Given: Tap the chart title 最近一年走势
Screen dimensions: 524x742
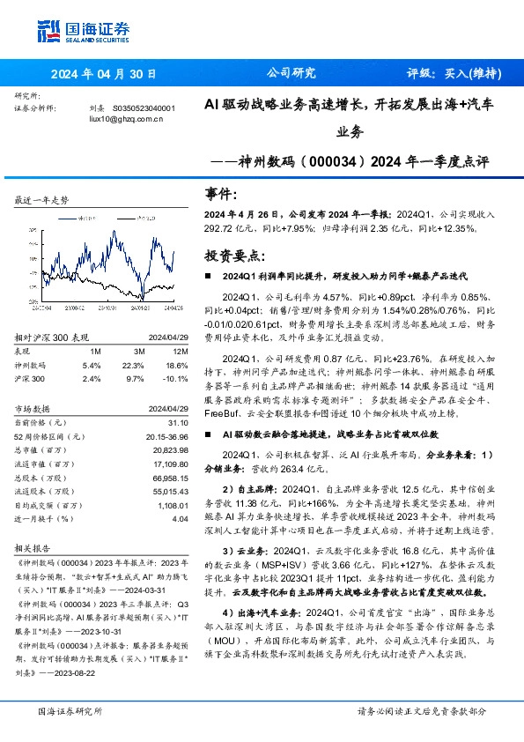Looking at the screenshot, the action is [x=42, y=202].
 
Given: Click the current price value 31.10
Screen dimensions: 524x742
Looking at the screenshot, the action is [x=166, y=425].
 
